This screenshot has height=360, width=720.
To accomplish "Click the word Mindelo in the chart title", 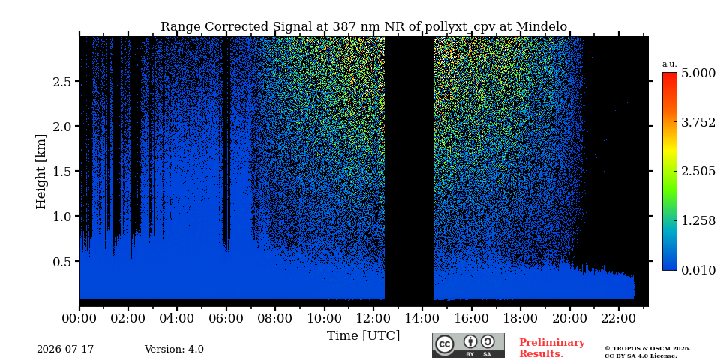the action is (541, 27).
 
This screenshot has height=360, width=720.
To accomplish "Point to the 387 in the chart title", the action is (329, 27).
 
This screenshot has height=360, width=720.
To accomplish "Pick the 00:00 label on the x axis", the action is (79, 318).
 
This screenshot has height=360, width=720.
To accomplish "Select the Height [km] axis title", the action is (41, 172).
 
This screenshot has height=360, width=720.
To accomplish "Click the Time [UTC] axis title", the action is (363, 336).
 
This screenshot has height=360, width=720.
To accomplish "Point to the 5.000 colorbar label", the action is (698, 73).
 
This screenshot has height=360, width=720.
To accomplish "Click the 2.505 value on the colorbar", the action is (698, 171).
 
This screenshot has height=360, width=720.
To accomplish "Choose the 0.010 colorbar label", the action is (698, 270).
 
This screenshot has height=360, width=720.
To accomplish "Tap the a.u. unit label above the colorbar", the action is (669, 64).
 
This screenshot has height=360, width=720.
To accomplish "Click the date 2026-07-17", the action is (65, 349).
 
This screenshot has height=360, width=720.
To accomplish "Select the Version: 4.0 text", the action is (174, 349).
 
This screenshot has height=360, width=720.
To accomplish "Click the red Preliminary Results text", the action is (552, 348).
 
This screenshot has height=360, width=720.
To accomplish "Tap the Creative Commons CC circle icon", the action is (445, 344).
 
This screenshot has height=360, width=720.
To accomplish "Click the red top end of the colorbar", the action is (670, 73).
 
